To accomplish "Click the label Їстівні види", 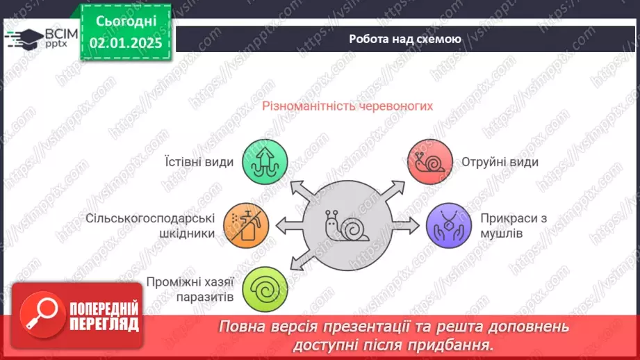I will coord(199,162).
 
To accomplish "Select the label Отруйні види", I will coord(500,162).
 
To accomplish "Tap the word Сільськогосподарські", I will coord(150,218).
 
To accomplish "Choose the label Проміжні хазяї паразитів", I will coord(190,290).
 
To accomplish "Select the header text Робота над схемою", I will coord(404,39).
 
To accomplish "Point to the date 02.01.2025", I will coord(125,43).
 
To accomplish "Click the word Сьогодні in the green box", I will coord(125,21).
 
